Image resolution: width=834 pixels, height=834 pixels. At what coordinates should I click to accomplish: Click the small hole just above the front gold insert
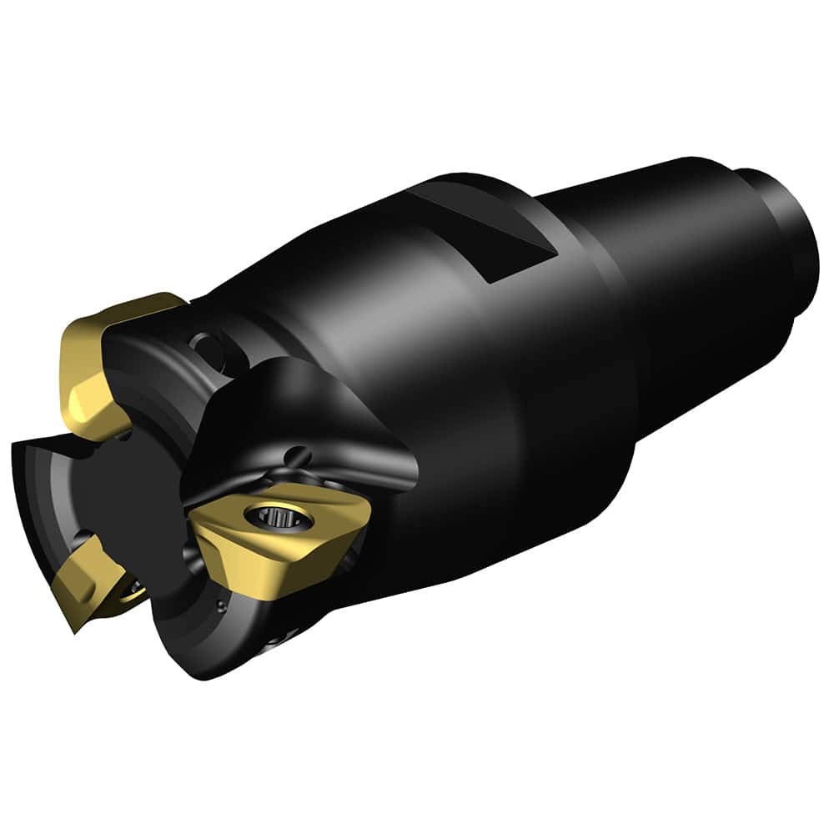(x=294, y=455)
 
